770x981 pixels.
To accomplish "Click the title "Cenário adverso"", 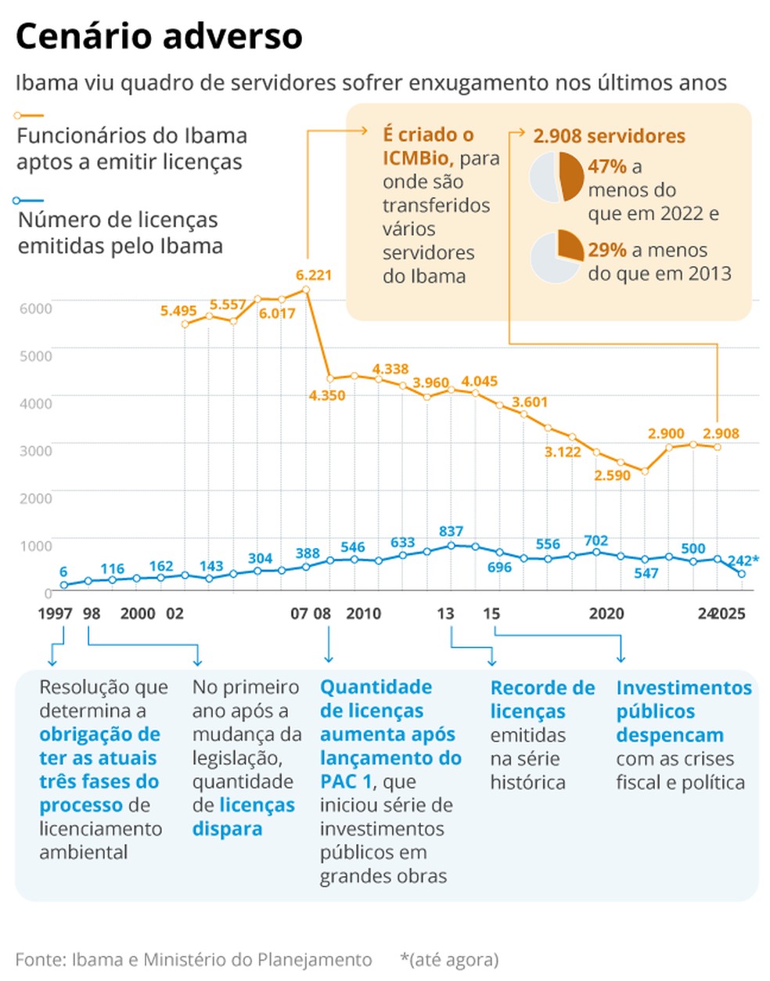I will pos(159,37).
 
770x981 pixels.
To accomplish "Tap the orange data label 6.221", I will pos(314,275).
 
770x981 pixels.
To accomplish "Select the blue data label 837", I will pos(451,531).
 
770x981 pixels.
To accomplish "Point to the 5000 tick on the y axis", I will pos(36,355).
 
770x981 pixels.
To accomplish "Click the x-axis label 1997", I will pos(55,613).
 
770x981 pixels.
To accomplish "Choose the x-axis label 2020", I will pos(606,613).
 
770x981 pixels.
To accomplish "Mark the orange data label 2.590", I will pos(612,475).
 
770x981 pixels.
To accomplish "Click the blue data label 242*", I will pos(743,561).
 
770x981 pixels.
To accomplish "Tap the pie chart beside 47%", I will pos(556,178).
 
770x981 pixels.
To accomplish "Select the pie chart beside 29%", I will pos(556,256).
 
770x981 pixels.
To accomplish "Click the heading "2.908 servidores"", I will pos(609,136).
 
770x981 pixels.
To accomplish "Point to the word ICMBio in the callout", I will pos(416,158).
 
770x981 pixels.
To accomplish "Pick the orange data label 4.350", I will pos(327,395).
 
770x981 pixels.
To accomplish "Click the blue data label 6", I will pos(63,572).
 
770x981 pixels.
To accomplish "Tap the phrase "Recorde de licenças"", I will pos(542,699).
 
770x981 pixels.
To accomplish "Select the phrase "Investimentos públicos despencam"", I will pos(683,711).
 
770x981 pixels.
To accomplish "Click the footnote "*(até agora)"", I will pos(449,959).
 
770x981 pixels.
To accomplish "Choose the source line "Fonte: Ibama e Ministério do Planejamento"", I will pos(193,959).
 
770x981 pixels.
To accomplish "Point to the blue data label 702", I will pos(596,540).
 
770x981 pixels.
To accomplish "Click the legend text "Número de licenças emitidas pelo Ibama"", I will pos(120,233).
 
